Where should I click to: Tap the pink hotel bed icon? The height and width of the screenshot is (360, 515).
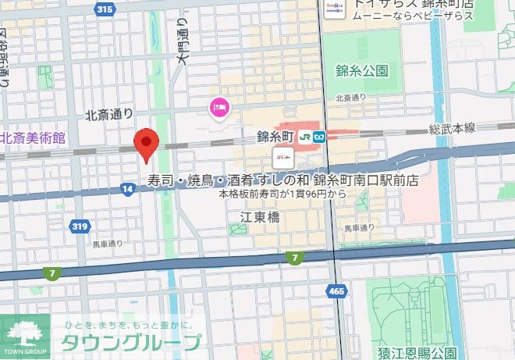[x=218, y=106]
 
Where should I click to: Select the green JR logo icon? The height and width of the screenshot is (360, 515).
[x=305, y=136]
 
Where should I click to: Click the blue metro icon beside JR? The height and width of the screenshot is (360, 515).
[x=321, y=136]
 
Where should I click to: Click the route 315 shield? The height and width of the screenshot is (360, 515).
[x=104, y=9]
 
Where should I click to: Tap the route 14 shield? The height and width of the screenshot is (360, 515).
[x=126, y=188]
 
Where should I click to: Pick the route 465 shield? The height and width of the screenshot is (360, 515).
[x=336, y=290]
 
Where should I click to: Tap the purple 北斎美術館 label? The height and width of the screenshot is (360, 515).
[x=33, y=137]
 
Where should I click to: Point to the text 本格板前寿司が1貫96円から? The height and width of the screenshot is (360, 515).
[x=282, y=193]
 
